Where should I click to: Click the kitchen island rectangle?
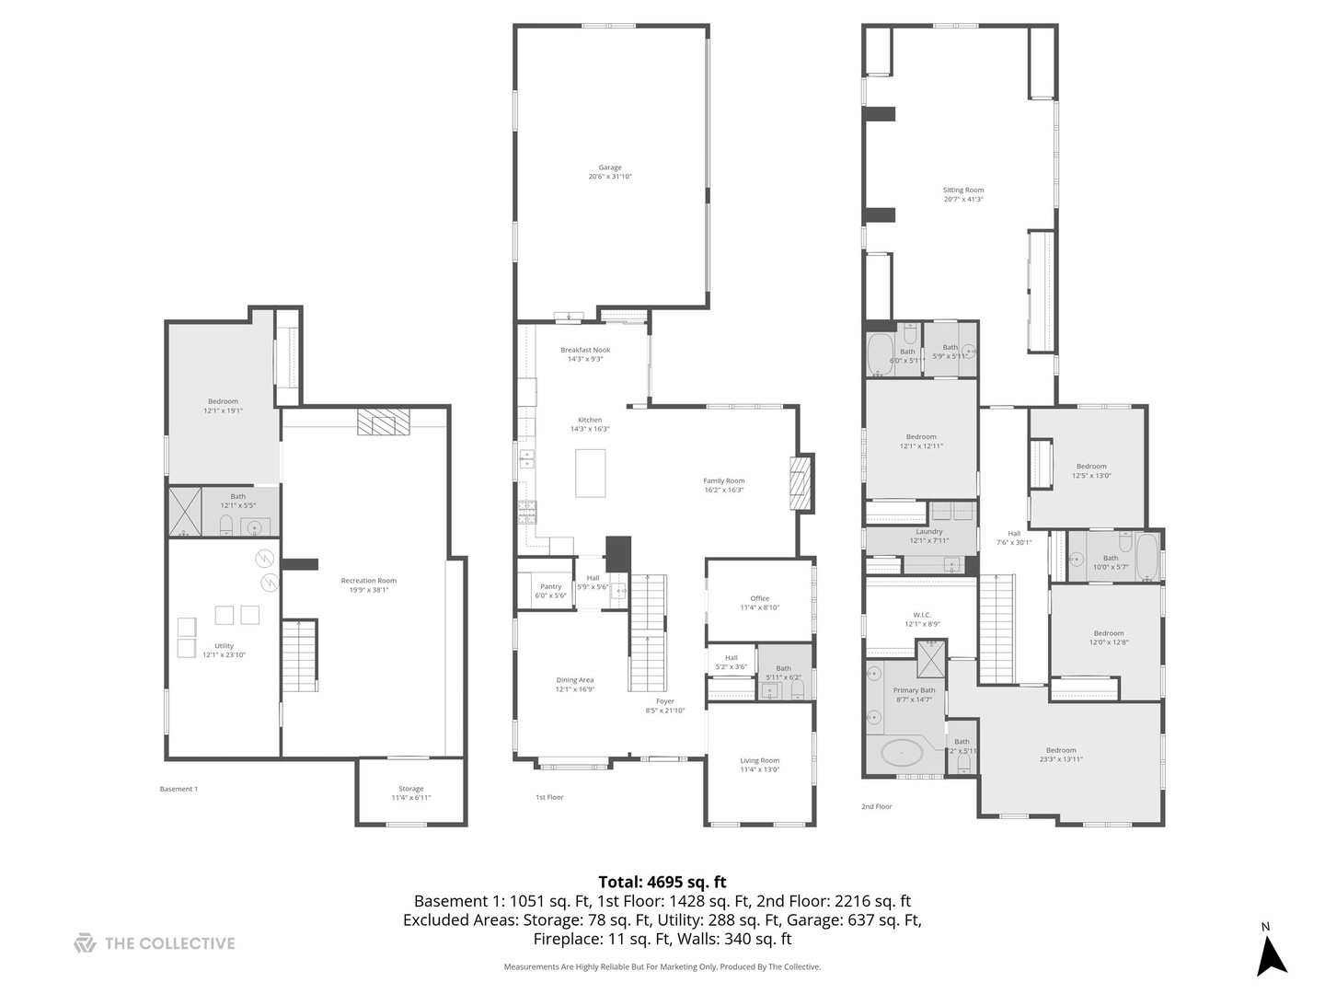point(590,473)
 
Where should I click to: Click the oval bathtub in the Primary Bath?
point(903,754)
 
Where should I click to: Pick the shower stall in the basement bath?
point(185,511)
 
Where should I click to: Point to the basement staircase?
point(299,656)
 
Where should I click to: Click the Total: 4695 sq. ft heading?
point(662,882)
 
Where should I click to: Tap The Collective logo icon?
point(85,942)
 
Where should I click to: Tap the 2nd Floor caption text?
point(876,806)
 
